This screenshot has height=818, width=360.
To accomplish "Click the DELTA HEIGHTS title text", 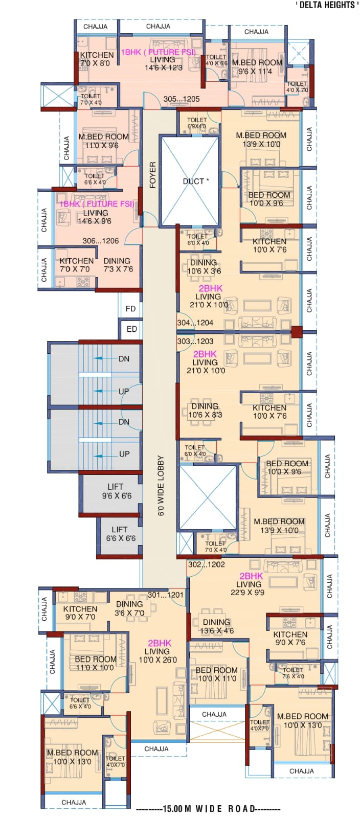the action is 327,5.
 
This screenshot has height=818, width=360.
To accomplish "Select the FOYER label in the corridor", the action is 152,175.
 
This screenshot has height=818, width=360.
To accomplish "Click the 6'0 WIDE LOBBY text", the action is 161,486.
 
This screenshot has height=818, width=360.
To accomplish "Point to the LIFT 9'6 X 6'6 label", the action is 117,491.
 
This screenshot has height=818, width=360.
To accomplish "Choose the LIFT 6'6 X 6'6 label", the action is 121,534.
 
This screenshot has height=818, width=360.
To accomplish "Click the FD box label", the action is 130,309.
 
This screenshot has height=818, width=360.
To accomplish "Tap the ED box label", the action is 131,329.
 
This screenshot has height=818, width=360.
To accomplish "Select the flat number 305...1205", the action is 182,99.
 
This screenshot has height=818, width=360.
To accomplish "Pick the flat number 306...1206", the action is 100,241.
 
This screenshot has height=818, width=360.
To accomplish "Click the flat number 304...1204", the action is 195,323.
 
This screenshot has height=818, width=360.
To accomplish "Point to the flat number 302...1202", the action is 207,564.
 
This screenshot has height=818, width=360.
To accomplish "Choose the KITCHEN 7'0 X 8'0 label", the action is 97,59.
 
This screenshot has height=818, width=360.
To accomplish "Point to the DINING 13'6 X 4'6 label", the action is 216,626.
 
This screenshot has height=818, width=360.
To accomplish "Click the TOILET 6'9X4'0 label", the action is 197,123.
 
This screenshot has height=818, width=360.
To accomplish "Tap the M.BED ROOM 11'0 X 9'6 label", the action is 104,141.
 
